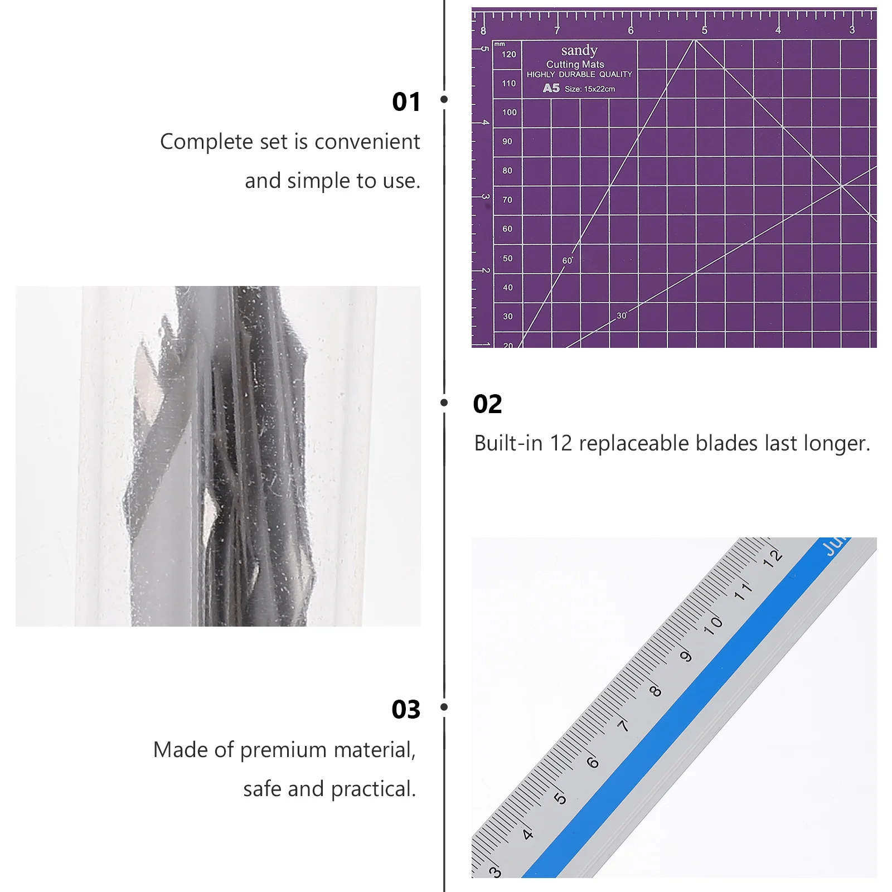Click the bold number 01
(406, 102)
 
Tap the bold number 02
(487, 404)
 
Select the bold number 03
(406, 710)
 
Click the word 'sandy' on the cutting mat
(579, 51)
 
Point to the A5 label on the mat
(551, 88)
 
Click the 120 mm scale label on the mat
(508, 54)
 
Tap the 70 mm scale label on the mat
(507, 200)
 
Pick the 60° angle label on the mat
(568, 260)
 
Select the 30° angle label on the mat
(622, 316)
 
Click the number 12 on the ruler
(773, 557)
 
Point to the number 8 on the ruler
(656, 691)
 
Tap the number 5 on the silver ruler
(560, 798)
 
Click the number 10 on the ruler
(713, 625)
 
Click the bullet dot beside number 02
(444, 403)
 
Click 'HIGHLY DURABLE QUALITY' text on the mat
(579, 74)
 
